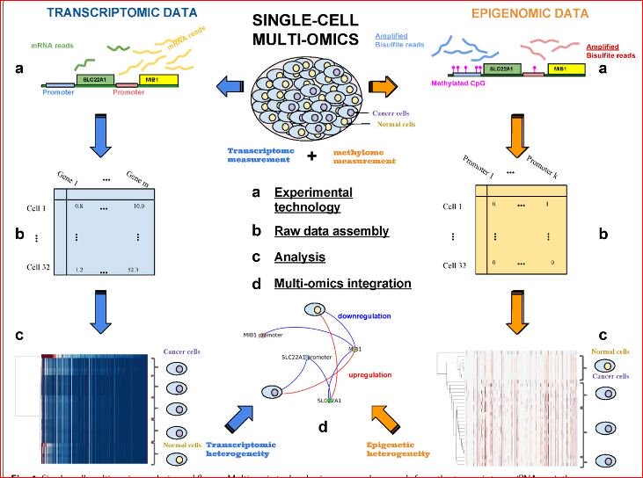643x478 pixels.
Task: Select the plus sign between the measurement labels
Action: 311,156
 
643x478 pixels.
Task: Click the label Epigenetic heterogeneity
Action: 398,449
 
